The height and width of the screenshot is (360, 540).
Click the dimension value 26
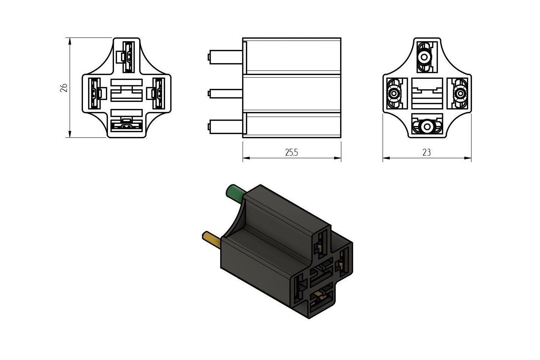tap(64, 88)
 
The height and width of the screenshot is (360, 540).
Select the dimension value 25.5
tap(291, 153)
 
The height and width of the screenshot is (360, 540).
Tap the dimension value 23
tap(426, 153)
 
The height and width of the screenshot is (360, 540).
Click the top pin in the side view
tap(225, 57)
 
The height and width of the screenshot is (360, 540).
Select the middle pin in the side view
tap(225, 94)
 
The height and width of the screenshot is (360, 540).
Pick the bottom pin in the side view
tap(225, 126)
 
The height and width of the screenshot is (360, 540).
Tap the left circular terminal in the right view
tap(394, 94)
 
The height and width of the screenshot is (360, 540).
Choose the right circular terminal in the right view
tap(460, 94)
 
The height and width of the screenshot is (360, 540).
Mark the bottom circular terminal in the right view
tap(427, 126)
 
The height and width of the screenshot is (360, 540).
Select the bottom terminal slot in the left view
tap(126, 126)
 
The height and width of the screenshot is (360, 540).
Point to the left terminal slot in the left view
tap(94, 94)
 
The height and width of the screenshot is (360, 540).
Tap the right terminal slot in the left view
tap(159, 94)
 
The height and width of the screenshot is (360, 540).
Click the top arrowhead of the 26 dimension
tap(70, 41)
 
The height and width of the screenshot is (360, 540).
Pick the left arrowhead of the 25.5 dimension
tap(246, 158)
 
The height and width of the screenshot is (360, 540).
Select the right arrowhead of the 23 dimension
tap(468, 158)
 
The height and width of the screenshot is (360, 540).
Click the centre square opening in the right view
tap(427, 94)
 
